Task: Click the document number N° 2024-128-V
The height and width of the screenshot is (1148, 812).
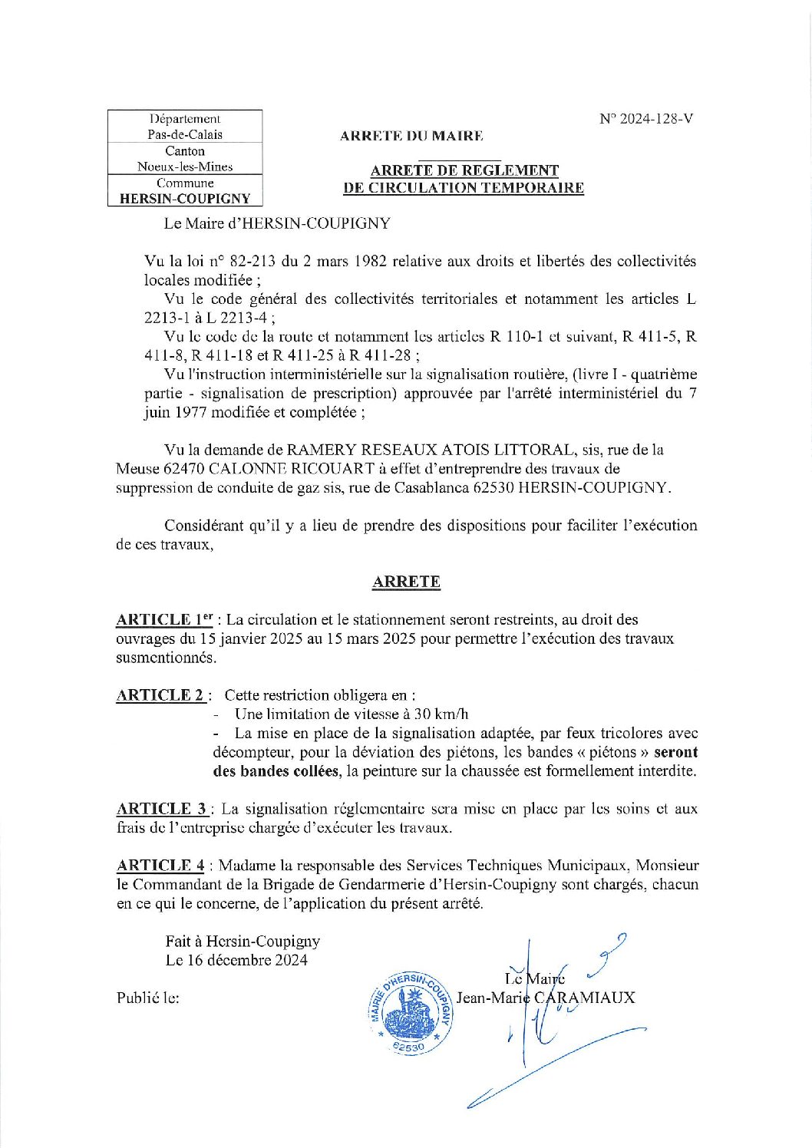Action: pos(647,119)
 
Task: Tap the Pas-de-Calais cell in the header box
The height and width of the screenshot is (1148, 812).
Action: pos(185,134)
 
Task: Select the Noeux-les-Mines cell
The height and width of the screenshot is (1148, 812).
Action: pos(185,167)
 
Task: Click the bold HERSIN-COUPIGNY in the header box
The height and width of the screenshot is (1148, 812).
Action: pos(185,198)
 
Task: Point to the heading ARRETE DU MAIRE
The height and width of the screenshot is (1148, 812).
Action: pos(411,137)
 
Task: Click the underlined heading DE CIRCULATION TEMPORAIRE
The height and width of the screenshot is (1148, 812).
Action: pos(463,188)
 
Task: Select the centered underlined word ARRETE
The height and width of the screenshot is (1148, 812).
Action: pos(406,582)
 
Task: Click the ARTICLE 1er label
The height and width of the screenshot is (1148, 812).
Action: pos(164,619)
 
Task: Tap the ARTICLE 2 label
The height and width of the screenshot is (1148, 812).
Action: pos(160,695)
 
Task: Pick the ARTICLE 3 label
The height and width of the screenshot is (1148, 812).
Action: pos(162,809)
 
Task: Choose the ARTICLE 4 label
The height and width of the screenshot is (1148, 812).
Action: pos(160,866)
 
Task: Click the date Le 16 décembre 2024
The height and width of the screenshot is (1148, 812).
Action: pos(236,960)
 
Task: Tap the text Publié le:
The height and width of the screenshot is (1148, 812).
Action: pos(148,998)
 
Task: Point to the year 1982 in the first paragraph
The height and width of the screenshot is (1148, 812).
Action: pos(370,261)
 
